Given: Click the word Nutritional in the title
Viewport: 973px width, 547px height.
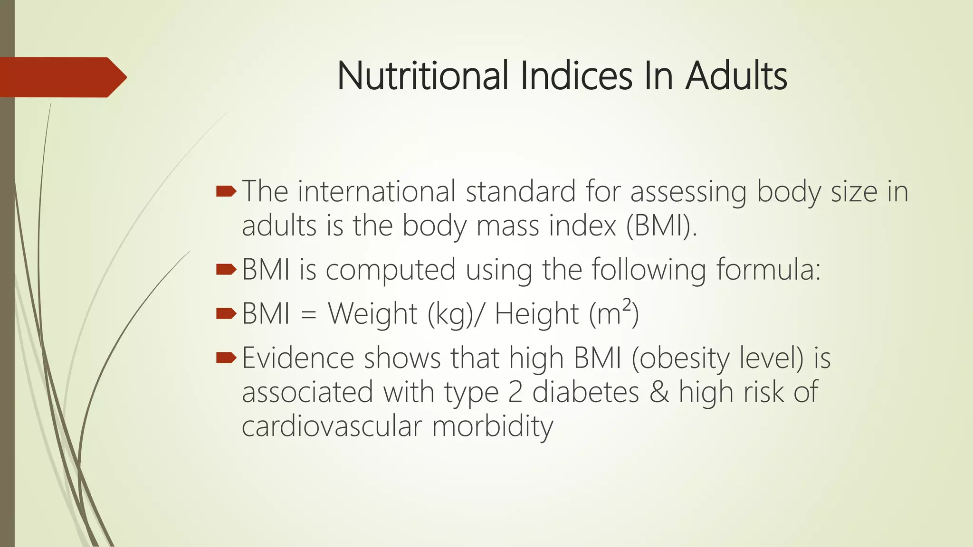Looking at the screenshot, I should pyautogui.click(x=423, y=76).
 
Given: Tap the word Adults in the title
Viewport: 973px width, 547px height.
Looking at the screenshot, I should pyautogui.click(x=736, y=76).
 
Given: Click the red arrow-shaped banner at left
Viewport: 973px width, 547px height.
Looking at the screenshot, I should pyautogui.click(x=62, y=77).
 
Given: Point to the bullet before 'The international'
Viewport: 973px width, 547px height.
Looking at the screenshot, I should pyautogui.click(x=226, y=192).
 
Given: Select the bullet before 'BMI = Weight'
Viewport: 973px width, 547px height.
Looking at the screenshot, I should pyautogui.click(x=226, y=313).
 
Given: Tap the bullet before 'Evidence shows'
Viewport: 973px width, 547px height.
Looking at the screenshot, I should pyautogui.click(x=226, y=358).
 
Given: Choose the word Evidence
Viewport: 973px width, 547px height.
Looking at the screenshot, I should pyautogui.click(x=298, y=358).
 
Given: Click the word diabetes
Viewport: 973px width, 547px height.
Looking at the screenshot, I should pyautogui.click(x=585, y=392).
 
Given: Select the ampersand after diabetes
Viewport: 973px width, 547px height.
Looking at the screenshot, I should pyautogui.click(x=659, y=392).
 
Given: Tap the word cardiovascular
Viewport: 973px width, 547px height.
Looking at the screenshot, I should pyautogui.click(x=332, y=426).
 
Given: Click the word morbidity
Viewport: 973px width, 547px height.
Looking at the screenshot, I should pyautogui.click(x=492, y=426).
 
